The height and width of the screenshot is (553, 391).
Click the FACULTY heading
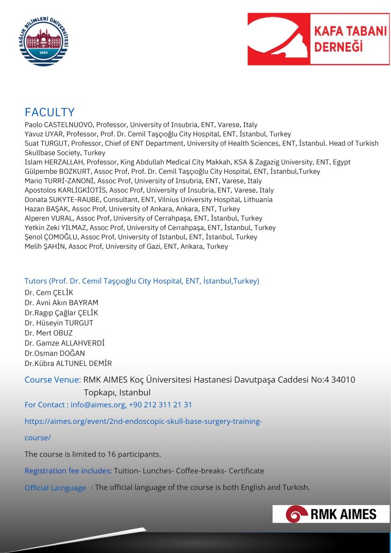(49, 112)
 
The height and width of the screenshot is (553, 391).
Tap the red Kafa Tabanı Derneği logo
(318, 39)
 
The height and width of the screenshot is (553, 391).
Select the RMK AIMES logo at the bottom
(331, 514)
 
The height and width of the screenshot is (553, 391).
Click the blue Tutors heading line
(142, 281)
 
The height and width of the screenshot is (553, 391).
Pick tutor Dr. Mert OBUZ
(48, 333)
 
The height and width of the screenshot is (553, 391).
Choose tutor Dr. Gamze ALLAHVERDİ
(65, 343)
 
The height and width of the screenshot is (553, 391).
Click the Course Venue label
(53, 380)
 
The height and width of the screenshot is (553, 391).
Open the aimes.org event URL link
(143, 422)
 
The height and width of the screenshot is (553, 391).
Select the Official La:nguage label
(55, 488)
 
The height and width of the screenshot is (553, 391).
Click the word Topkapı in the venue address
(99, 393)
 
